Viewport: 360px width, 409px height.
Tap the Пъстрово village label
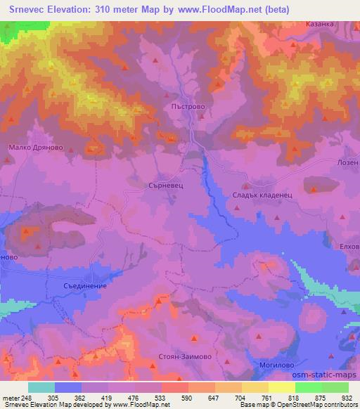point(187,108)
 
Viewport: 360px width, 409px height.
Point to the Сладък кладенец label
point(257,193)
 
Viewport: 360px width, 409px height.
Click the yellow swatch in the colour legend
point(281,387)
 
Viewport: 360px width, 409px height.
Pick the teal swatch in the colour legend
point(41,387)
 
